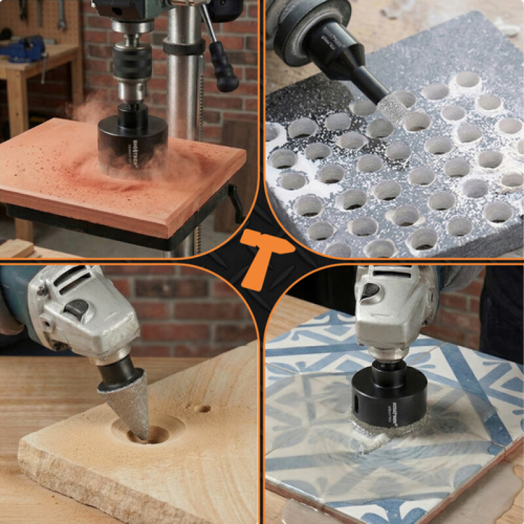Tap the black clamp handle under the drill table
click(236, 203)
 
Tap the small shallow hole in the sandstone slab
click(204, 409)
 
